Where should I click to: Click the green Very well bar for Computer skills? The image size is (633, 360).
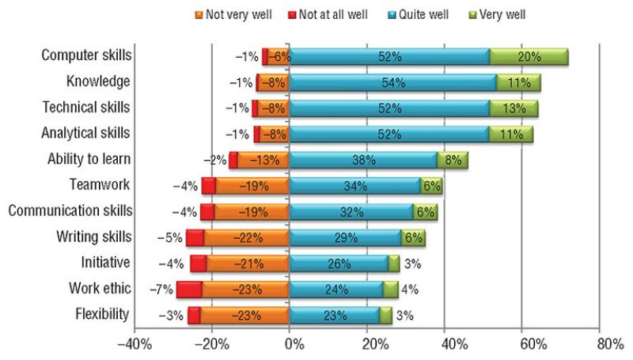coord(529,56)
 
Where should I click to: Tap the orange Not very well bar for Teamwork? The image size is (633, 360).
coord(252,186)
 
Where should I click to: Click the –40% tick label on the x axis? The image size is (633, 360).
coord(131,346)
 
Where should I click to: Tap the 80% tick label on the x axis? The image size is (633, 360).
coord(611,346)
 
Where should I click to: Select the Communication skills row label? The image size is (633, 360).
coord(70,211)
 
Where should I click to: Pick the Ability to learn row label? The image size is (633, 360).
coord(89,160)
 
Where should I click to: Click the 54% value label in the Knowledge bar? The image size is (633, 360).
coord(393,82)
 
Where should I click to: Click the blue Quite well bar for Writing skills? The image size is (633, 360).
coord(345,237)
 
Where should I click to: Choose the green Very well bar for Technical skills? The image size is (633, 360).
coord(514,108)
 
